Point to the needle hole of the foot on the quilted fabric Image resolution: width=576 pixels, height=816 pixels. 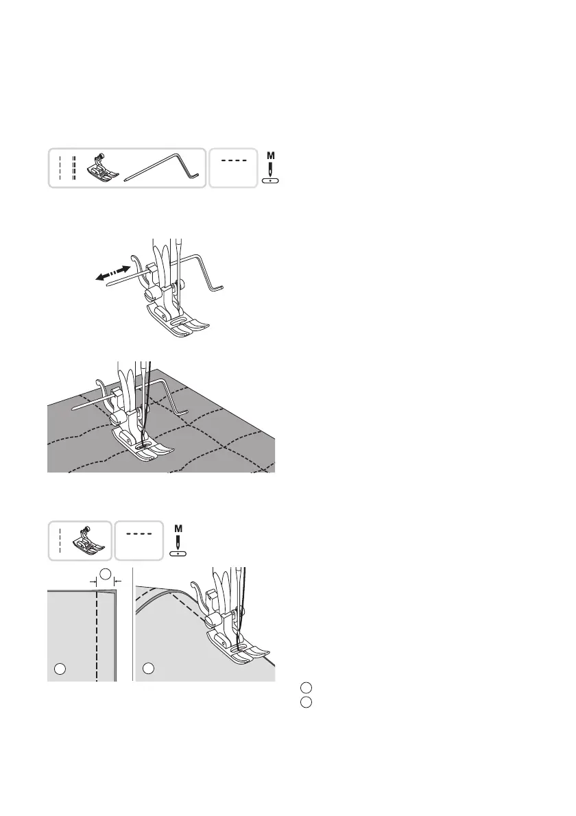coord(142,444)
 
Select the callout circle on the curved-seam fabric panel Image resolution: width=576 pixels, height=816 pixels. coord(148,667)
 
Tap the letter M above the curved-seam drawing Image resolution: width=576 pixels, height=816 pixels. coord(178,529)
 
